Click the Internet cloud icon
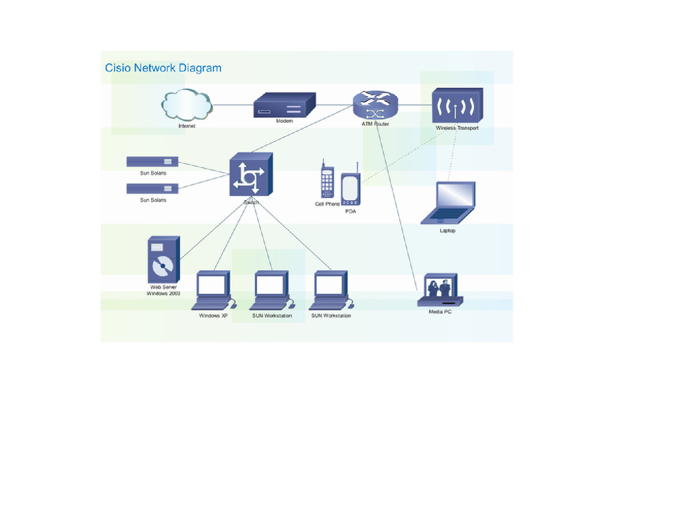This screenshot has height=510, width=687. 186,105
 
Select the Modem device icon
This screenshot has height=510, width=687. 284,105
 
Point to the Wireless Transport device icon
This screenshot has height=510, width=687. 457,105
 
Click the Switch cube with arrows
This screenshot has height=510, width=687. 250,175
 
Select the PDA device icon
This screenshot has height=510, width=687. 350,189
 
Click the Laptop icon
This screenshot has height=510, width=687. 449,202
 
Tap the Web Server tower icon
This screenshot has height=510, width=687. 163,260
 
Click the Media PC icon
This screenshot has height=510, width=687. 439,290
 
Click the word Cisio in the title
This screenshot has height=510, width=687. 117,68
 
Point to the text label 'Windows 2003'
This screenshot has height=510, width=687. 163,294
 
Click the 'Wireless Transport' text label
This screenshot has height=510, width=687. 457,128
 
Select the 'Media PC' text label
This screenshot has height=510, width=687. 440,312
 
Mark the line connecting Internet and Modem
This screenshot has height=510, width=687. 233,105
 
